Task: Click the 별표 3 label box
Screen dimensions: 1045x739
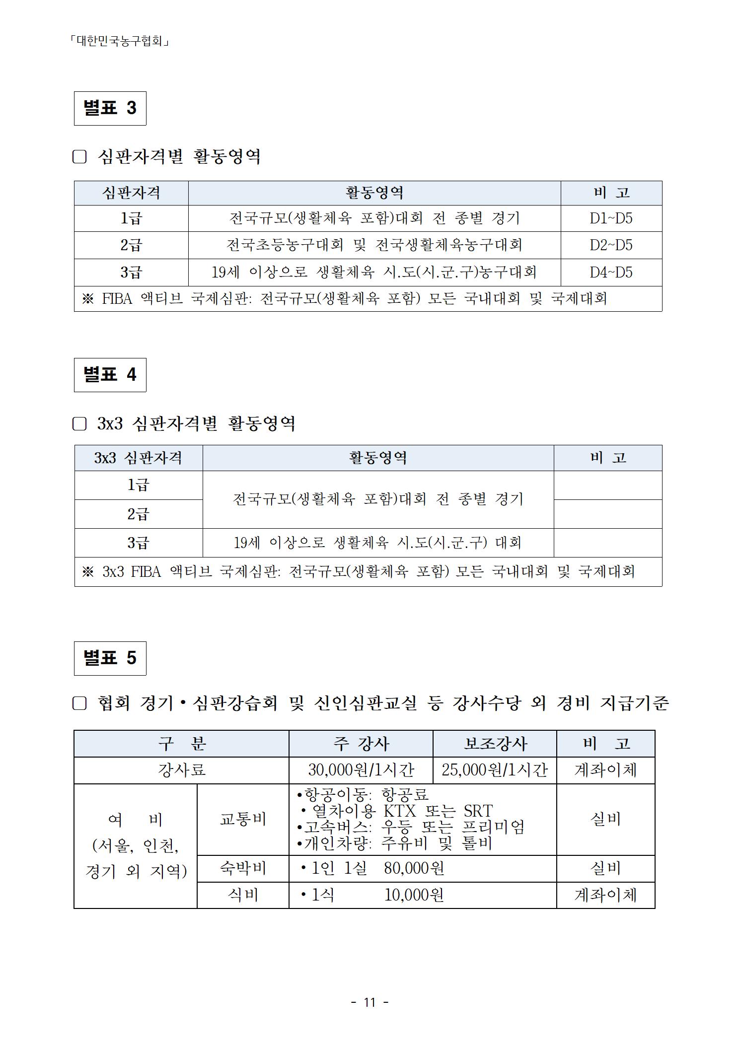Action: point(110,108)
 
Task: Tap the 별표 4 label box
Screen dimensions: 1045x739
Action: point(110,375)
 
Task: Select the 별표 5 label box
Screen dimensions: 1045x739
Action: point(110,658)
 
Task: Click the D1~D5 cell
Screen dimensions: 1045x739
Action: point(611,218)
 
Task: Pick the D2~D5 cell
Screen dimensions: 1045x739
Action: point(611,245)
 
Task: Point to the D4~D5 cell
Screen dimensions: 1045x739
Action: point(611,273)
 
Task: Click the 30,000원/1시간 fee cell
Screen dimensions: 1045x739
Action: point(361,770)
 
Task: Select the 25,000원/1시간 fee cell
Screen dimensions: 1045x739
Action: point(494,770)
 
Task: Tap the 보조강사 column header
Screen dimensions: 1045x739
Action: point(494,744)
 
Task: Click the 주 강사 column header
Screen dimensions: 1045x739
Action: point(361,744)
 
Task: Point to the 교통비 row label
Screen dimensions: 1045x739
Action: point(243,819)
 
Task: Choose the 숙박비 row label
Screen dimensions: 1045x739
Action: point(243,868)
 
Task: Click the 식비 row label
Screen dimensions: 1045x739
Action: point(243,895)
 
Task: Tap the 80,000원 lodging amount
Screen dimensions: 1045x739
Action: point(414,868)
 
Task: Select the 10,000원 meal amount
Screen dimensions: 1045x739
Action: point(414,895)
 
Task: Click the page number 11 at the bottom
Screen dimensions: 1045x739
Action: point(369,1002)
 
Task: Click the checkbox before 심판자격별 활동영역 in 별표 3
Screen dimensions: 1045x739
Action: point(79,157)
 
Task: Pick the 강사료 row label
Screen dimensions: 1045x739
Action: point(181,770)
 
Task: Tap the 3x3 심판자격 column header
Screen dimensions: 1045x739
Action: point(138,458)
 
